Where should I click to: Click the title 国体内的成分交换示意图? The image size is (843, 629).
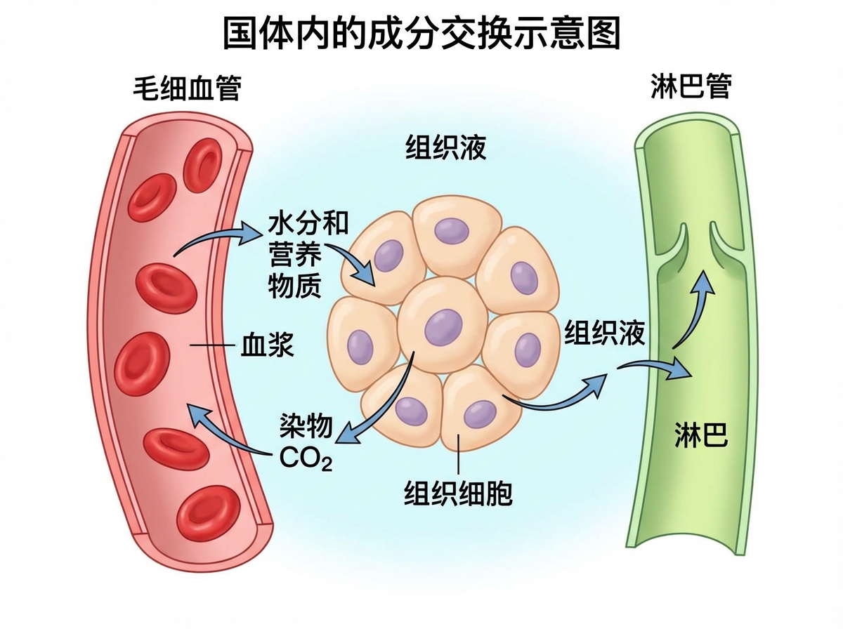click(x=421, y=32)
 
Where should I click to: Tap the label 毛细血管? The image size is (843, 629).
click(x=187, y=88)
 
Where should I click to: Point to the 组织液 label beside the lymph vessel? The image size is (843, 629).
click(x=605, y=333)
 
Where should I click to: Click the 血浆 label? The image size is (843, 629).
click(x=267, y=345)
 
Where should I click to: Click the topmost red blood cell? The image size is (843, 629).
click(x=202, y=165)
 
